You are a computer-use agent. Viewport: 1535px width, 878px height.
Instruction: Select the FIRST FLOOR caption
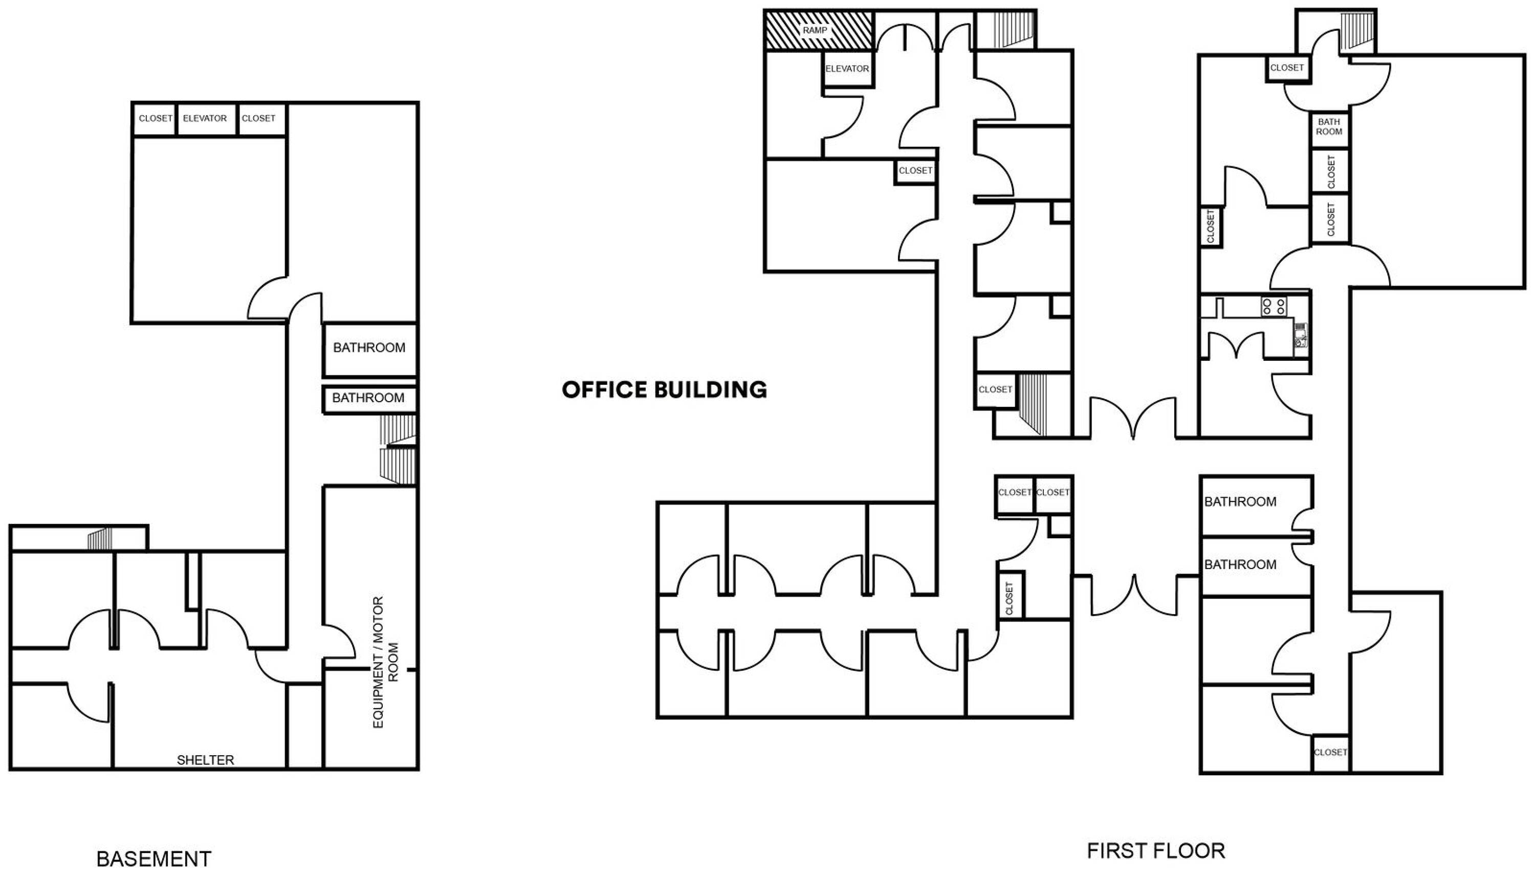coord(1156,851)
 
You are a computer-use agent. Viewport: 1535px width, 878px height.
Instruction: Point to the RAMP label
coord(815,30)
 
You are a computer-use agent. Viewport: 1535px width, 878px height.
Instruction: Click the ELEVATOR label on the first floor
coord(847,69)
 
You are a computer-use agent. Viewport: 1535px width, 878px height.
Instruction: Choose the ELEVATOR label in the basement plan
coord(205,118)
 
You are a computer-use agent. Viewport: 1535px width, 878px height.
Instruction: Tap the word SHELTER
coord(205,760)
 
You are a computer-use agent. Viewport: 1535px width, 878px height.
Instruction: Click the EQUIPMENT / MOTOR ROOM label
coord(386,662)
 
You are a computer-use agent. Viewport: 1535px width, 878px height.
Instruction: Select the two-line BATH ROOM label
coord(1329,127)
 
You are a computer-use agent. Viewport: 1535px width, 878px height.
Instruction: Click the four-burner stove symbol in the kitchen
coord(1275,306)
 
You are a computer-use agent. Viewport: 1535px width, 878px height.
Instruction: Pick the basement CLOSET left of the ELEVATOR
coord(156,118)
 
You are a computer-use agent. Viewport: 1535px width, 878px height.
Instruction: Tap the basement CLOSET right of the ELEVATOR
coord(258,118)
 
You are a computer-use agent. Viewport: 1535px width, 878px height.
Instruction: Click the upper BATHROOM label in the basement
coord(369,348)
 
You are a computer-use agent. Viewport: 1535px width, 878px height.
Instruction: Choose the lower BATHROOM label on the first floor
coord(1240,564)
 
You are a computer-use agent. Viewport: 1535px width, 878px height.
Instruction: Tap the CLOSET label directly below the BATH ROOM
coord(1331,171)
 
